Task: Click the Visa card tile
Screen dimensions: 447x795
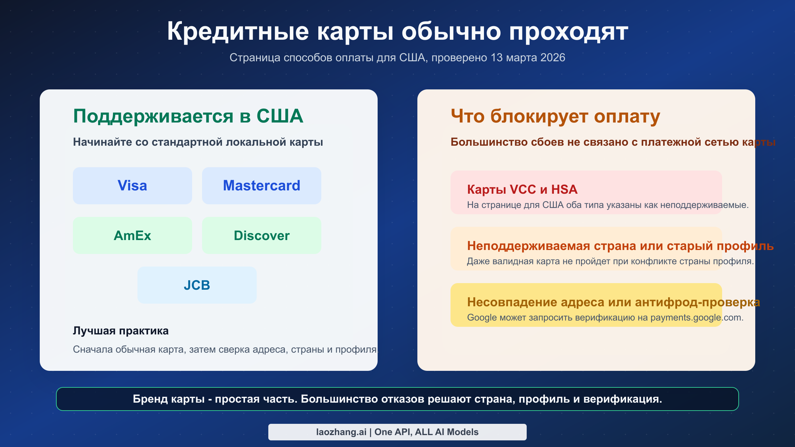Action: tap(132, 186)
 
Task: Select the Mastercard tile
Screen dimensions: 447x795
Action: tap(261, 186)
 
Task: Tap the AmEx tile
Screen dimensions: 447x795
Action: tap(132, 235)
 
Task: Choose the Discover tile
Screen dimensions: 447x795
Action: tap(261, 235)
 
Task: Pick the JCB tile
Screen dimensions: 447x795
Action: tap(197, 285)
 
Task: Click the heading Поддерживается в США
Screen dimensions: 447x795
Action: tap(188, 116)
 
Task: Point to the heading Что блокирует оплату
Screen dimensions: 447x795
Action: tap(555, 116)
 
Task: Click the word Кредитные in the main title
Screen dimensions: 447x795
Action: tap(238, 32)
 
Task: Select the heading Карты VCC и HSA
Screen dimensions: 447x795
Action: tap(522, 189)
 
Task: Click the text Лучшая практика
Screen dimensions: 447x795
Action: tap(121, 331)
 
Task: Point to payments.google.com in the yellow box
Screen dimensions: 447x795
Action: tap(697, 318)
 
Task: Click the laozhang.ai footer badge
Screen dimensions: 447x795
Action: tap(397, 432)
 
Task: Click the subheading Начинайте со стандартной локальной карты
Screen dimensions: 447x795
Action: tap(198, 142)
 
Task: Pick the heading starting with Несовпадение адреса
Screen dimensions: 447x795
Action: tap(613, 302)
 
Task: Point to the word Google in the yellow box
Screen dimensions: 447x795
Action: tap(482, 318)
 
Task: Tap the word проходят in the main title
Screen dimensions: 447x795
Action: tap(568, 32)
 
